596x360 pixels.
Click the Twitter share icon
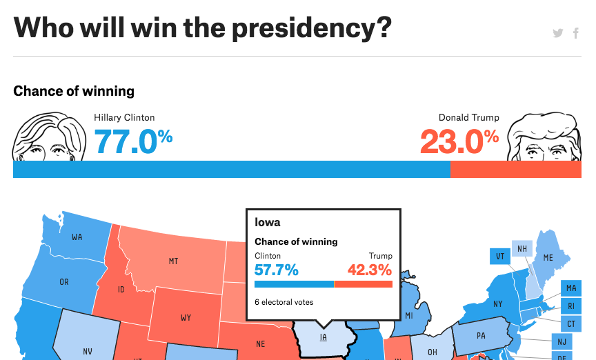click(558, 33)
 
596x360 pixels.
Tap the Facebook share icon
click(576, 33)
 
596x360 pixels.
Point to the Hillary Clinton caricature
click(48, 139)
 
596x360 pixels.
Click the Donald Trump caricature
click(545, 139)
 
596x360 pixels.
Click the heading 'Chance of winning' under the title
click(74, 91)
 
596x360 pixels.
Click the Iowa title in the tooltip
click(268, 223)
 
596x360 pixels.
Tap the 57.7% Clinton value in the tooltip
click(277, 269)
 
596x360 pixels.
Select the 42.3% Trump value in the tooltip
click(369, 269)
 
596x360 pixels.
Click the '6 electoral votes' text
click(284, 302)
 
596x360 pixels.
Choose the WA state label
click(77, 237)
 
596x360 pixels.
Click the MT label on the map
click(173, 261)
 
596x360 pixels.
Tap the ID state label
click(121, 289)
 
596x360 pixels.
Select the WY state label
click(186, 318)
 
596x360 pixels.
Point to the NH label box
click(521, 249)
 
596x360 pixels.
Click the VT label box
click(499, 257)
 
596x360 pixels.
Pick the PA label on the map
click(481, 337)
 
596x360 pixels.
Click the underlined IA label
click(323, 337)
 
